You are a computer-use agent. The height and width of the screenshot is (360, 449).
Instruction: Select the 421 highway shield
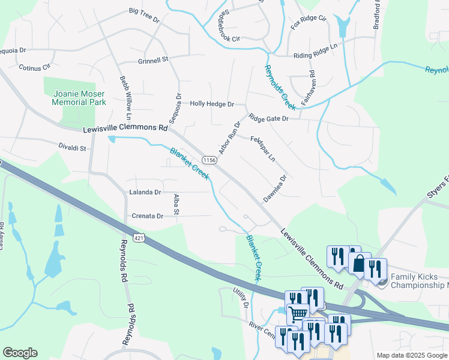pos(139,238)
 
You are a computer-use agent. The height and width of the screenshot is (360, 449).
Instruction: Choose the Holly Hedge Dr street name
pos(212,104)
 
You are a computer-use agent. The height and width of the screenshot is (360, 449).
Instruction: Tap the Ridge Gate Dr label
pos(269,118)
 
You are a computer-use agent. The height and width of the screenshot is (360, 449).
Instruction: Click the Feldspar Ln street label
pos(263,149)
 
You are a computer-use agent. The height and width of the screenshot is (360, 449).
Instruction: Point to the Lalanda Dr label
pos(145,192)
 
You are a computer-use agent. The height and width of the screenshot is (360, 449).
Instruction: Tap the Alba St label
pos(176,204)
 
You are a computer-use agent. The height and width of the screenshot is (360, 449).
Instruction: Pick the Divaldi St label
pos(73,147)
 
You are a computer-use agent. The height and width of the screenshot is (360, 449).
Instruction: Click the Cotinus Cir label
pos(34,68)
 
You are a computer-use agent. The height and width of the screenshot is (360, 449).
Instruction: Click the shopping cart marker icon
pos(298,312)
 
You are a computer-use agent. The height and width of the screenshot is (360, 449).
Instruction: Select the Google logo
pos(20,353)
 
